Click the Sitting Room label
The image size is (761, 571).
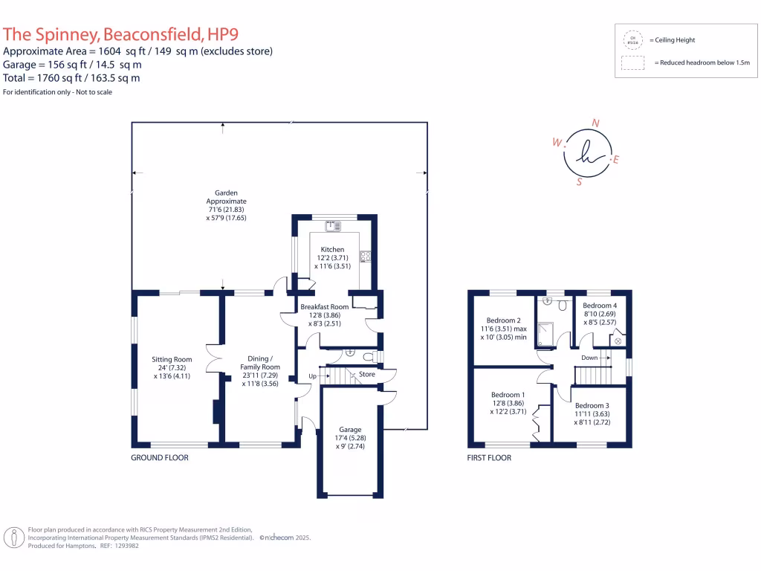pos(172,358)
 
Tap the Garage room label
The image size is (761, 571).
pos(350,430)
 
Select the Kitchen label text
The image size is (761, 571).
pos(332,250)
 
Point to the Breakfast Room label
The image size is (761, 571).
pos(324,307)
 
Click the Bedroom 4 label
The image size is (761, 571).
pos(599,306)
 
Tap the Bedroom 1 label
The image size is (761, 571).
pos(508,395)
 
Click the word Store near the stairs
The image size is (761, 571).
pos(367,374)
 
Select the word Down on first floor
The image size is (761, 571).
pos(589,358)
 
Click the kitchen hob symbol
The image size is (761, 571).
pos(366,257)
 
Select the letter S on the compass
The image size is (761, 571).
pos(579,181)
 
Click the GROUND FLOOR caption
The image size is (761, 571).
pos(160,458)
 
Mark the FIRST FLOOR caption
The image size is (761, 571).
pos(490,458)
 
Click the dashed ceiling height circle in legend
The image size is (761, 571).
pos(633,39)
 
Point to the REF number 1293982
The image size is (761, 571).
pos(123,545)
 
